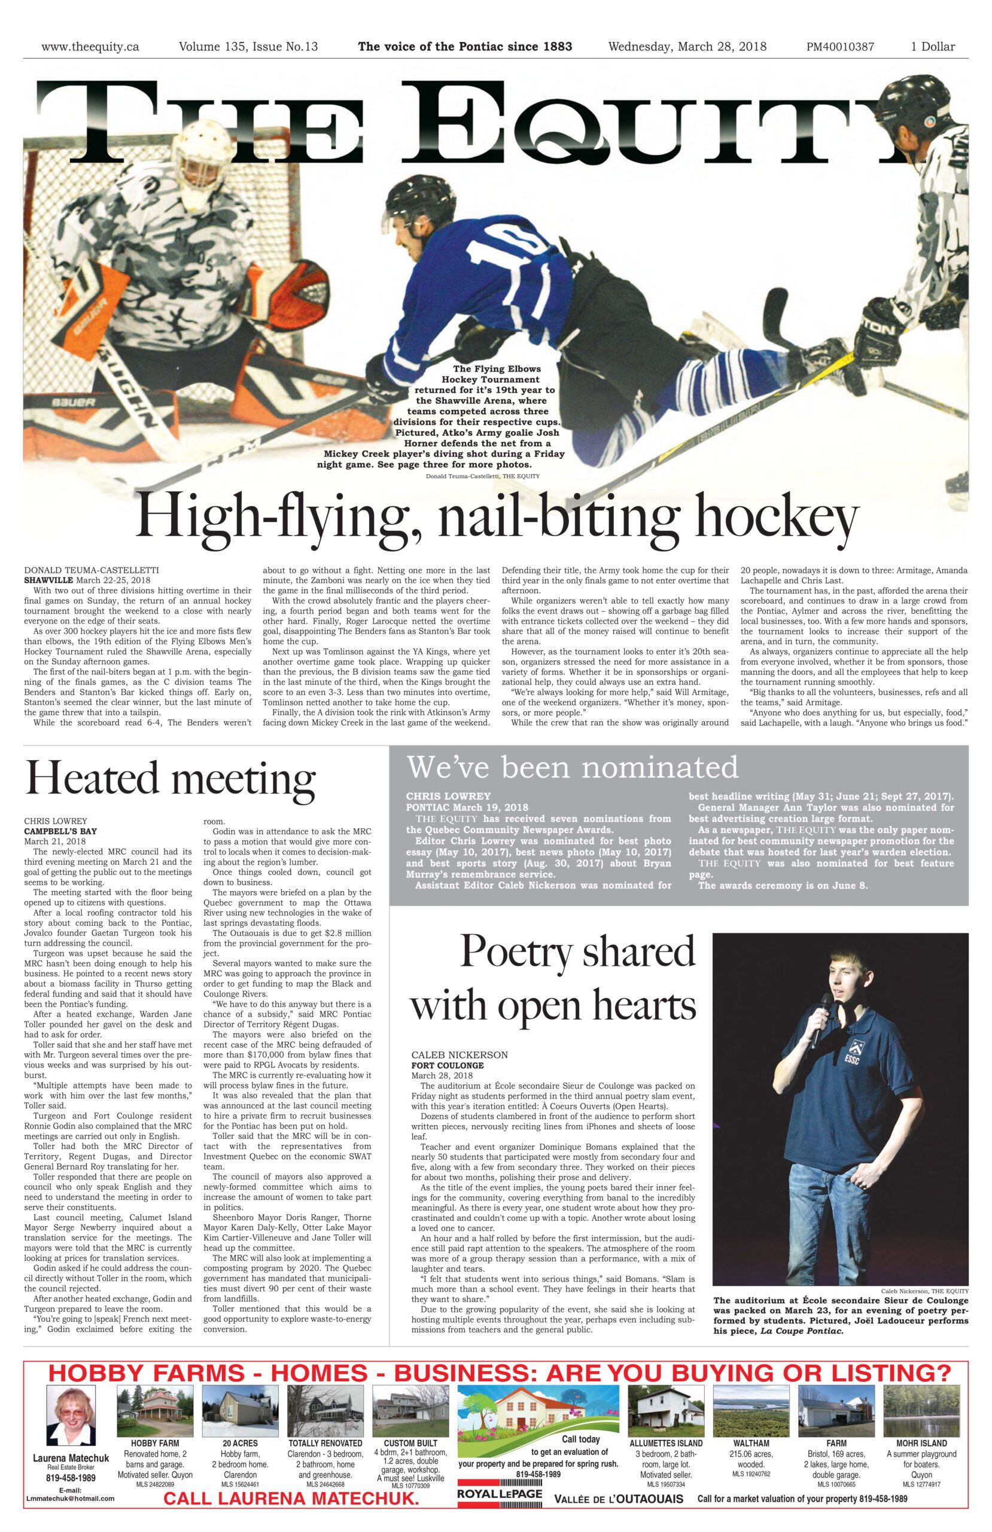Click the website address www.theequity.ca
coord(90,46)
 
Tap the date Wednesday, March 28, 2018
coord(687,46)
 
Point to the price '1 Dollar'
coord(932,46)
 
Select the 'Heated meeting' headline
coord(170,778)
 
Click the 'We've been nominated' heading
coord(572,767)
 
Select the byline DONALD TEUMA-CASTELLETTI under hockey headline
coord(92,570)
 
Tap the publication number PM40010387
coord(839,46)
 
